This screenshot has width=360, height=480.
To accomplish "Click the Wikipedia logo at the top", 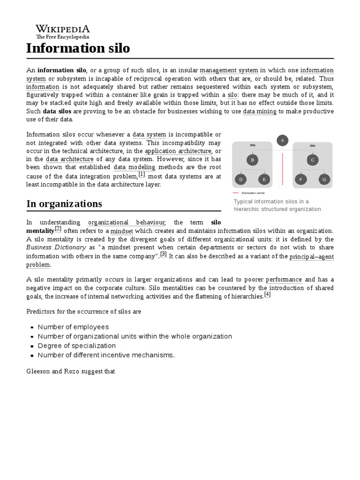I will [x=63, y=32].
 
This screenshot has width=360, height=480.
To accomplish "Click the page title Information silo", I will [x=78, y=48].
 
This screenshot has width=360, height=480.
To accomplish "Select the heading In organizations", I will [x=64, y=204].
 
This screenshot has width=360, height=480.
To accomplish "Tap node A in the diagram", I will [x=282, y=140].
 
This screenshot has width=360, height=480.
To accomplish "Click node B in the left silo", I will [x=253, y=160].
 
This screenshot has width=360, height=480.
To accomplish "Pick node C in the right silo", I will [x=312, y=160].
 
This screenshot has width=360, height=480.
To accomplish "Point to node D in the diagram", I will [x=241, y=179].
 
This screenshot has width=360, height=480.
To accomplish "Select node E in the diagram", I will [x=264, y=179].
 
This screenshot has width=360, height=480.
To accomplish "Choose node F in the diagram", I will [x=300, y=179].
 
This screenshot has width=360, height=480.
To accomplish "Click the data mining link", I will [x=260, y=111].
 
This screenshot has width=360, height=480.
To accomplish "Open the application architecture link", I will [x=178, y=151].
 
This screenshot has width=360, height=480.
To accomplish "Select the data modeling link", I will [x=134, y=167].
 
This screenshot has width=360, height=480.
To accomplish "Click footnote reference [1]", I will [x=142, y=174].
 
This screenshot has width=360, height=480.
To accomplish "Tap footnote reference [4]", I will [x=267, y=294].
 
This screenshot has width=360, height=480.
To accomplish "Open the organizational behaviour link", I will [x=127, y=222].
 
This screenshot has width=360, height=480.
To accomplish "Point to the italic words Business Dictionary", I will [x=56, y=247].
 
